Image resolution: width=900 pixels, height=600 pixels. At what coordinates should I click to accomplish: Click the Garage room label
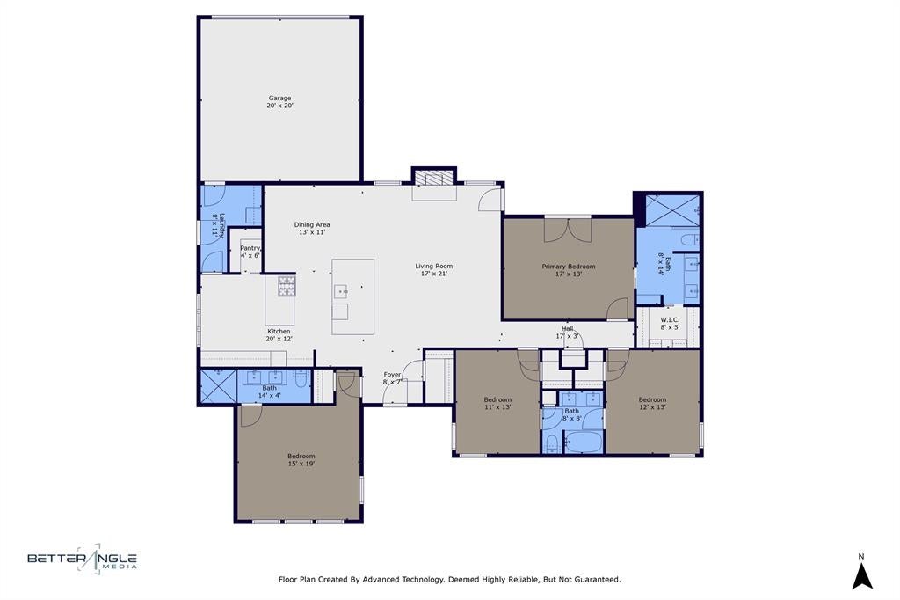click(x=279, y=99)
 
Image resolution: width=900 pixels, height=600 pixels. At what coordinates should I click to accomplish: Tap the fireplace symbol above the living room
click(x=434, y=178)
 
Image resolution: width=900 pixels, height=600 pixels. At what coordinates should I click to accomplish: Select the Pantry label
click(x=250, y=248)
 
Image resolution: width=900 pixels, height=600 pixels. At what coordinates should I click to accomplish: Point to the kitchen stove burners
click(x=287, y=286)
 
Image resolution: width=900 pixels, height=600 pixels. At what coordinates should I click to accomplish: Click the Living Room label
click(x=434, y=266)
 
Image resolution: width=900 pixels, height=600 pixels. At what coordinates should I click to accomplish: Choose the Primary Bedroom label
click(x=569, y=267)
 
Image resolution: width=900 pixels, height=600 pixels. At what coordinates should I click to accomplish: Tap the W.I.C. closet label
click(x=669, y=319)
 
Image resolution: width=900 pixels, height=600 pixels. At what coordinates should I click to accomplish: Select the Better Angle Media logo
click(x=83, y=558)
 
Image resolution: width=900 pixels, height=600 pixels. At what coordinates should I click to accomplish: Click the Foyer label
click(x=392, y=375)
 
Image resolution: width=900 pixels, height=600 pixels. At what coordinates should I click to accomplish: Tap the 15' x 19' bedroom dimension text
click(x=301, y=464)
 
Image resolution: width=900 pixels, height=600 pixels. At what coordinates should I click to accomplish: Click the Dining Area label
click(x=312, y=224)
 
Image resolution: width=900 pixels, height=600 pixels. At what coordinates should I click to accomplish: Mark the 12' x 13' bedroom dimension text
click(x=652, y=407)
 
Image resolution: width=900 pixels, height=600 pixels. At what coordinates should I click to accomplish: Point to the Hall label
click(x=567, y=329)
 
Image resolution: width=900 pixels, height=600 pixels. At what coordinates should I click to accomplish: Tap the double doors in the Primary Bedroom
click(x=568, y=230)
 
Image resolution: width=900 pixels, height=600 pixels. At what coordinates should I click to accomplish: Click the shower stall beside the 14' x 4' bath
click(x=218, y=386)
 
